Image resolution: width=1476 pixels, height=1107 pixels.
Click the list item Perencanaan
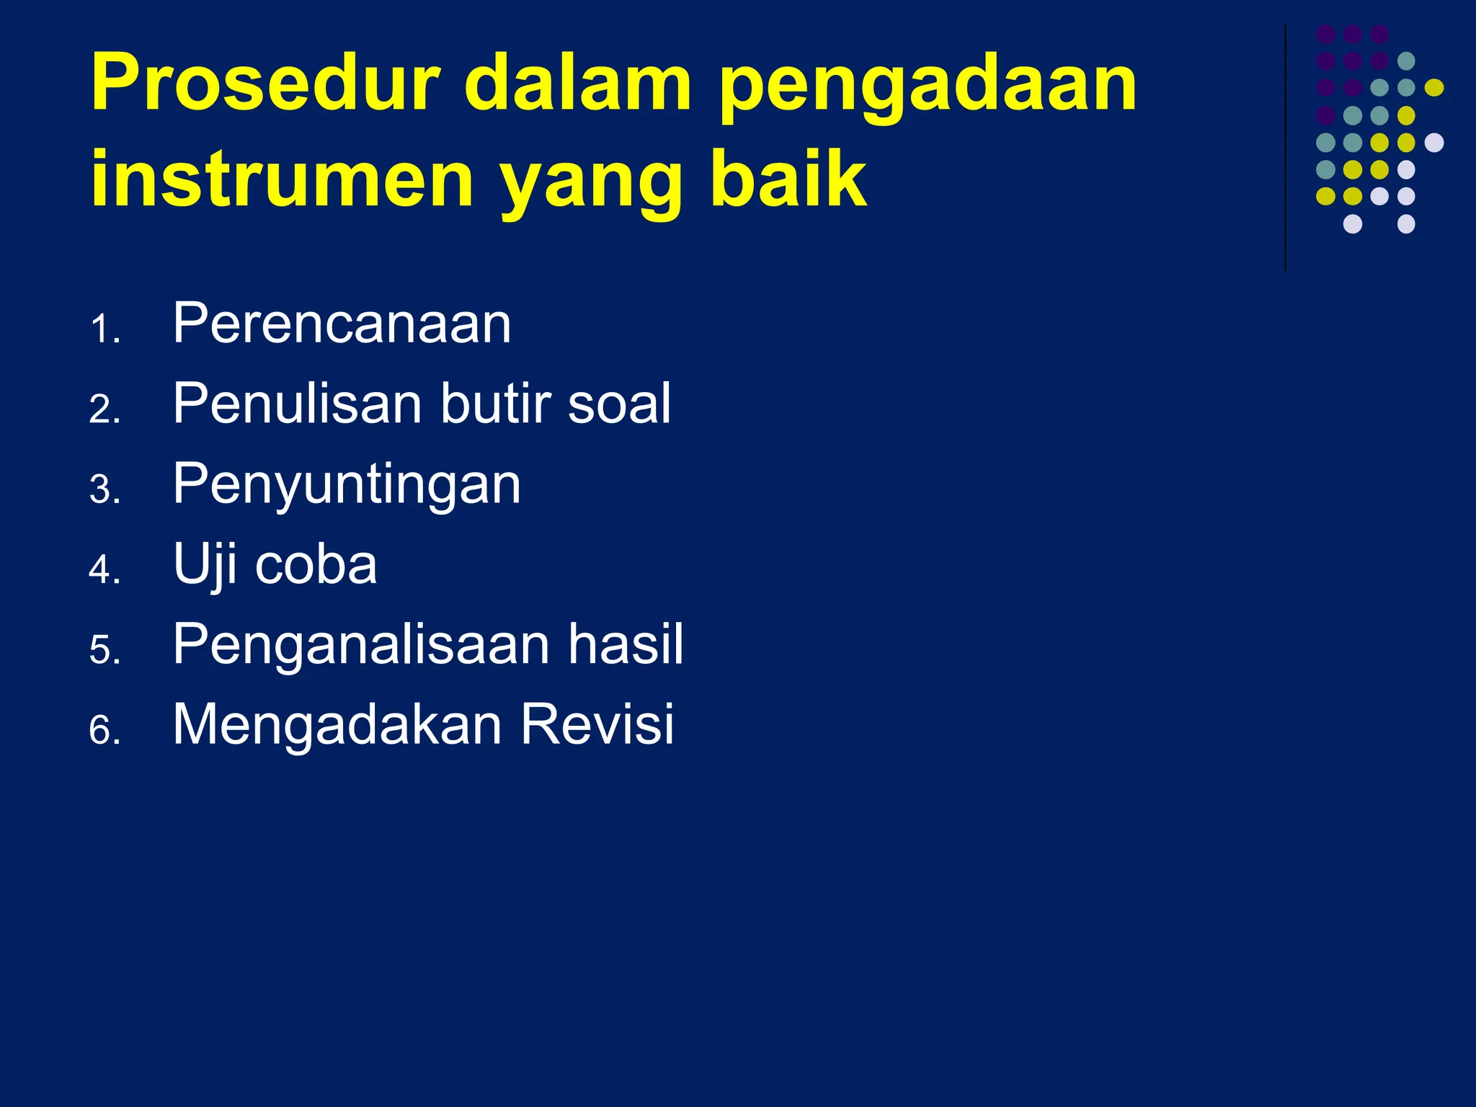[x=342, y=324]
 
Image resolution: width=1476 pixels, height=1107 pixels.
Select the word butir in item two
[x=497, y=403]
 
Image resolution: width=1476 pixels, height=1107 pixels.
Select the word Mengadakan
[x=337, y=724]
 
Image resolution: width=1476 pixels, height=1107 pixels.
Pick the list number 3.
[x=104, y=490]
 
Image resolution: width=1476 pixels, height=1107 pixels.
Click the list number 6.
[x=104, y=731]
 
